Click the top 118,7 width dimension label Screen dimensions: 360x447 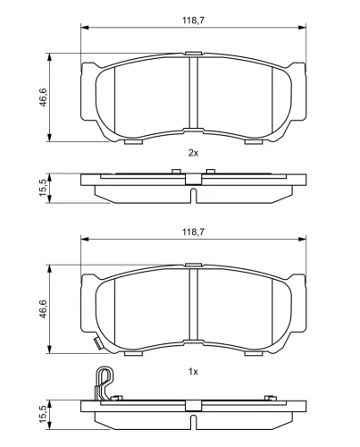pyautogui.click(x=193, y=21)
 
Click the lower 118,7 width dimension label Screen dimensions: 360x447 pyautogui.click(x=193, y=232)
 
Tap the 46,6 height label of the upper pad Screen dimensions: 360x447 pyautogui.click(x=44, y=97)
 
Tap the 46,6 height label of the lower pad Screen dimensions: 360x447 pyautogui.click(x=44, y=308)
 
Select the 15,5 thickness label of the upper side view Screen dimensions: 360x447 pyautogui.click(x=44, y=188)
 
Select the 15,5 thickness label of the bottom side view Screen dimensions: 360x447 pyautogui.click(x=44, y=414)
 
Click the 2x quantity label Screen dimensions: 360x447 pyautogui.click(x=193, y=153)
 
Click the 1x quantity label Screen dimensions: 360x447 pyautogui.click(x=193, y=372)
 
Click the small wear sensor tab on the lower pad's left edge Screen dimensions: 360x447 pyautogui.click(x=96, y=343)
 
